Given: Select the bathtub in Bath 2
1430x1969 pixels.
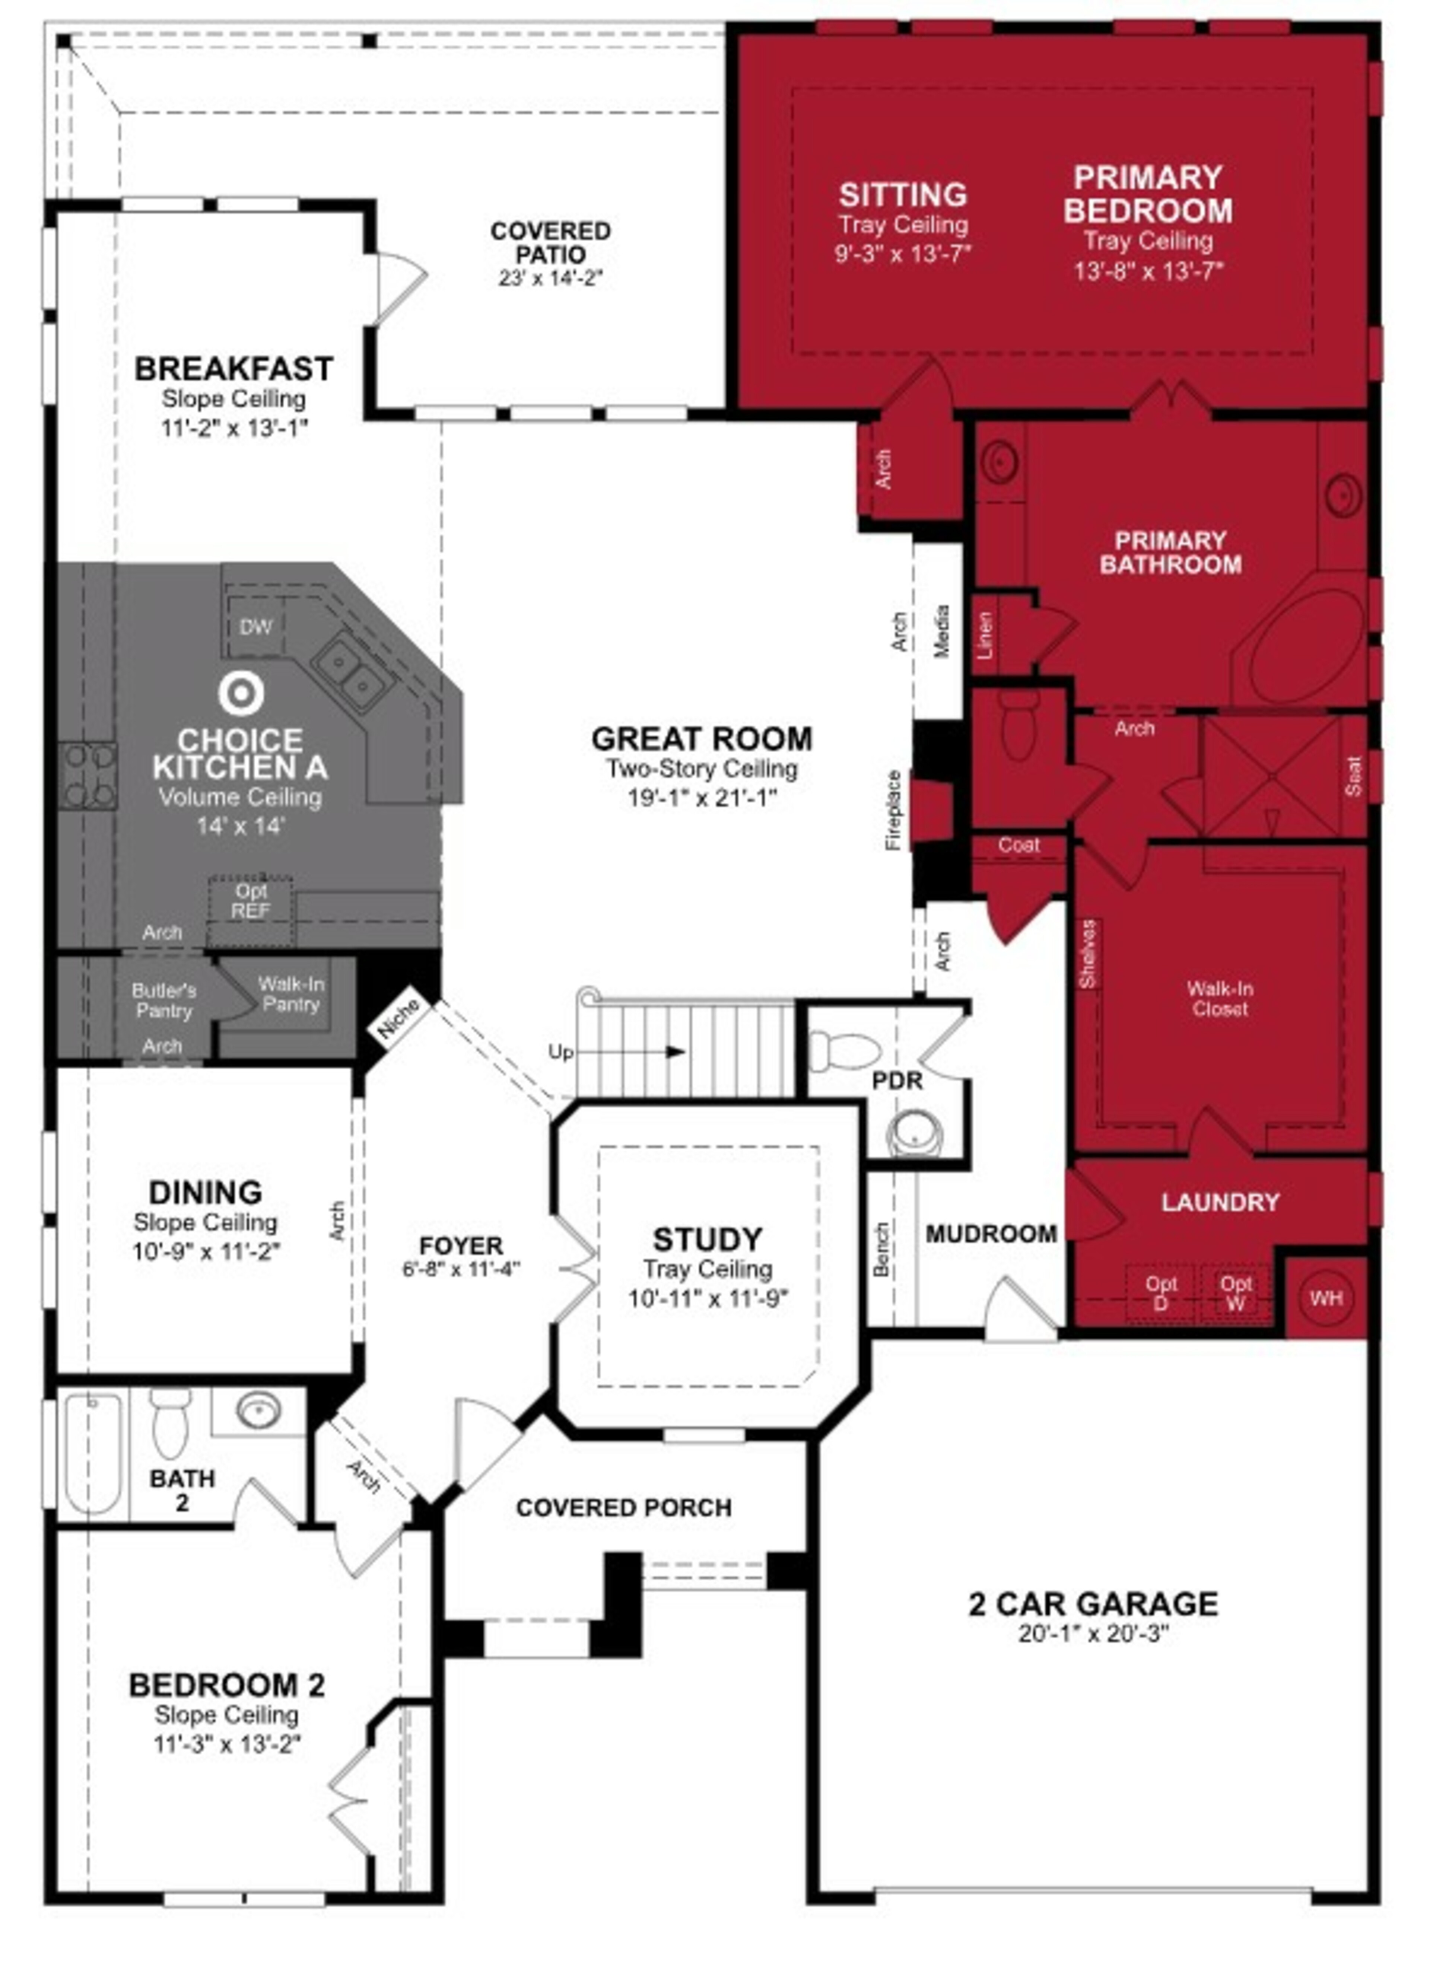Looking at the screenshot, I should [93, 1454].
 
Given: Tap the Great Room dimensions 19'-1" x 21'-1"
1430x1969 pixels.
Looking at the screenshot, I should [702, 797].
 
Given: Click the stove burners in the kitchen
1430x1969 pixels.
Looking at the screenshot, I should [88, 775].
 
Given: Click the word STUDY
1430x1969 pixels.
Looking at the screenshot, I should [707, 1239].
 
